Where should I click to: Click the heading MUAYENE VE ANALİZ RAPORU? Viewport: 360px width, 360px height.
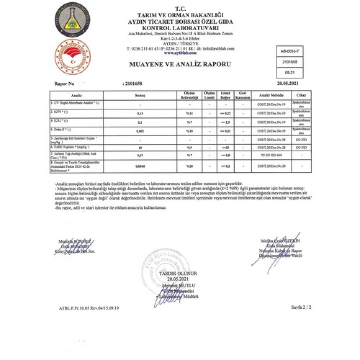[x=180, y=64]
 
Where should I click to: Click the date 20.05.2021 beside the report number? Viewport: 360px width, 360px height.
[x=287, y=84]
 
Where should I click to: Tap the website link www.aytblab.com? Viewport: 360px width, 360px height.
[x=180, y=53]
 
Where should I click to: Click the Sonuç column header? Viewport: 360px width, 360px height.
[x=140, y=95]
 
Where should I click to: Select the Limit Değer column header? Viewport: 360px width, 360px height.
[x=225, y=95]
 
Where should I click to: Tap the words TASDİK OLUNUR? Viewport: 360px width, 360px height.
[x=178, y=273]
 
